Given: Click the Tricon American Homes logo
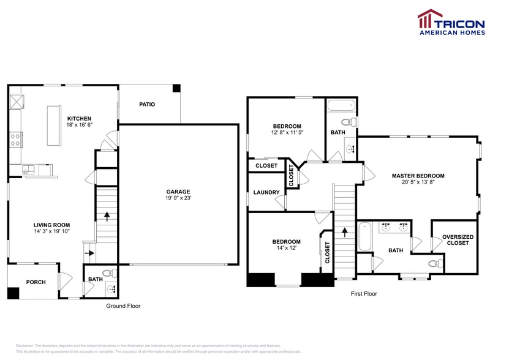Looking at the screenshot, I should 451,22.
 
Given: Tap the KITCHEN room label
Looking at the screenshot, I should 79,119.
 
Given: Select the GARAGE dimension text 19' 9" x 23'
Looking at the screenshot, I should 178,198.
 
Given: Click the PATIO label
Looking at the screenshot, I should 147,105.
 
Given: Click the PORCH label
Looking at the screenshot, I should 36,282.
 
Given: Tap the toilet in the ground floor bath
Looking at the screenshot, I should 107,272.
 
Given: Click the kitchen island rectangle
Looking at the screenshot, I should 55,126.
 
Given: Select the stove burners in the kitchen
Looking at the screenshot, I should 15,140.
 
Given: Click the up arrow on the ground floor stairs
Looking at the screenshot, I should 107,216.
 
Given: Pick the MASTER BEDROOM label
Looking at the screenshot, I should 418,176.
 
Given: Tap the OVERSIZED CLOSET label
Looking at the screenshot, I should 458,240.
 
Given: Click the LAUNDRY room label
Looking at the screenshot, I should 266,192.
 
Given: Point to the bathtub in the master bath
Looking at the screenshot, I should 364,237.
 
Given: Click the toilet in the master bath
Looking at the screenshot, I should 434,264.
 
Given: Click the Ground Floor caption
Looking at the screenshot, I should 123,306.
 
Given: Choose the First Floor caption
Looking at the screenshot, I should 364,294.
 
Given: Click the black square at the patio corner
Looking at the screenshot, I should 176,89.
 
